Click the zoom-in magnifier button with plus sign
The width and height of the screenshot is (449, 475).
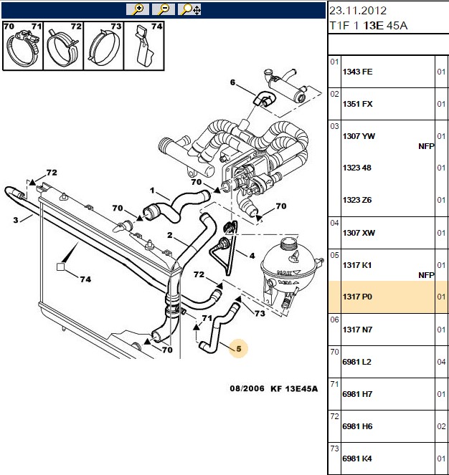tap(138, 9)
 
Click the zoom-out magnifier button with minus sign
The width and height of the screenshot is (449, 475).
tap(164, 9)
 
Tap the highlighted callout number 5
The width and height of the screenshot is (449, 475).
tap(238, 349)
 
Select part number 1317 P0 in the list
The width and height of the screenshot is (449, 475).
tap(357, 297)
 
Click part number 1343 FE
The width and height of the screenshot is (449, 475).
tap(357, 72)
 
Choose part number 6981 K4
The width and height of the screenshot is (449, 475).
tap(357, 459)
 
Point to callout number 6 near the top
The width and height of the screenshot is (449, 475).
tap(232, 82)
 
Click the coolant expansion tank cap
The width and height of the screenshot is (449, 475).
tap(290, 243)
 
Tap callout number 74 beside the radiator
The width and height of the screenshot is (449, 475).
tap(85, 279)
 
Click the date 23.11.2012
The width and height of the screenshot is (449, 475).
tap(358, 11)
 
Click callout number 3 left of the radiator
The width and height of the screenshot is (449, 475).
tap(16, 220)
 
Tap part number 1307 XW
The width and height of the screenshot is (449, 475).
tap(359, 233)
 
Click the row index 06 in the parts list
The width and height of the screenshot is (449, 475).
tap(334, 320)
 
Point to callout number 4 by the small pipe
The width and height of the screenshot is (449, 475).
tap(252, 256)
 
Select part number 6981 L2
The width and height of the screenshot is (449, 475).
tap(356, 362)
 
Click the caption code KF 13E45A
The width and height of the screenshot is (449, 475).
tap(294, 388)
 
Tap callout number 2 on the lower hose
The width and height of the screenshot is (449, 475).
tap(170, 235)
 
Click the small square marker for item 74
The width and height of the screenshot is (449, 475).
tap(61, 267)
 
